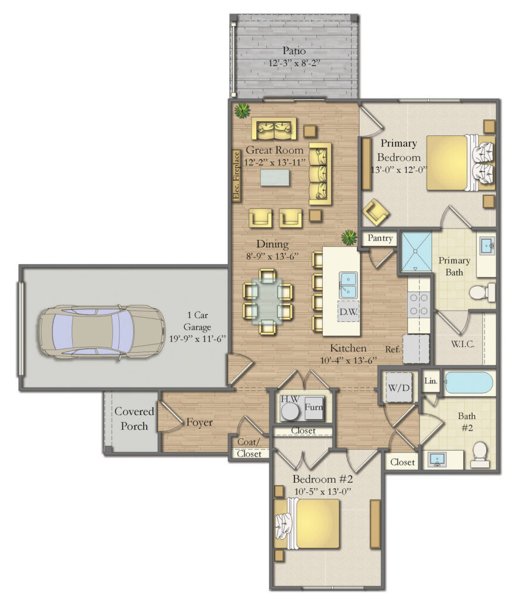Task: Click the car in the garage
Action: [101, 332]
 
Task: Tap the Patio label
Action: [294, 51]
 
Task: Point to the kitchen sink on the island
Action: [347, 284]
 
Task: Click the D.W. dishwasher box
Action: [348, 311]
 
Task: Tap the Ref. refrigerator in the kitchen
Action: [416, 349]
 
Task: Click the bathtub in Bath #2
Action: [468, 384]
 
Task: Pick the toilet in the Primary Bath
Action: [482, 292]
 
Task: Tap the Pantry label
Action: [380, 239]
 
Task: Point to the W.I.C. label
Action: [463, 344]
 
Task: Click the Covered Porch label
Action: [134, 418]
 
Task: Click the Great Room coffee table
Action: [274, 177]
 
